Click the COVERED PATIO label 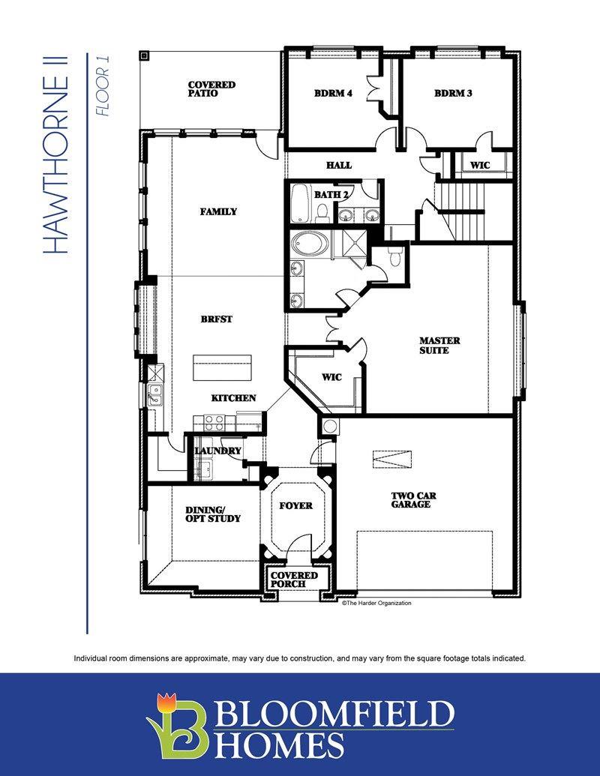pyautogui.click(x=211, y=89)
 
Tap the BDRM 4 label pyautogui.click(x=333, y=93)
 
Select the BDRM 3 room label pyautogui.click(x=453, y=93)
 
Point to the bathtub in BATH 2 pyautogui.click(x=299, y=203)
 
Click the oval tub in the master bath pyautogui.click(x=308, y=244)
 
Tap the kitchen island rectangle pyautogui.click(x=223, y=367)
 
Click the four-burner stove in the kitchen pyautogui.click(x=214, y=422)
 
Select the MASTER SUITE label pyautogui.click(x=439, y=346)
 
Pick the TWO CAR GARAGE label pyautogui.click(x=413, y=500)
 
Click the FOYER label pyautogui.click(x=295, y=506)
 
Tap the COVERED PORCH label pyautogui.click(x=293, y=580)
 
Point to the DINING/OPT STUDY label pyautogui.click(x=213, y=514)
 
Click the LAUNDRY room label pyautogui.click(x=217, y=451)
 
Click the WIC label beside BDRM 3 pyautogui.click(x=480, y=165)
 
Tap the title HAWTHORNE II pyautogui.click(x=56, y=154)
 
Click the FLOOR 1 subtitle pyautogui.click(x=103, y=85)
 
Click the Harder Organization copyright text pyautogui.click(x=376, y=603)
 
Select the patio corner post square pyautogui.click(x=143, y=55)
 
